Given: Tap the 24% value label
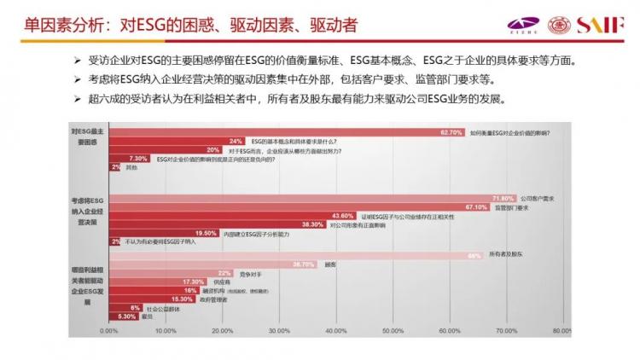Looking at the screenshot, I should pyautogui.click(x=236, y=141).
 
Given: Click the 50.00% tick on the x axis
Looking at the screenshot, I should pyautogui.click(x=393, y=330).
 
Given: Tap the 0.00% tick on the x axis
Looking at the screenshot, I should pyautogui.click(x=108, y=330).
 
